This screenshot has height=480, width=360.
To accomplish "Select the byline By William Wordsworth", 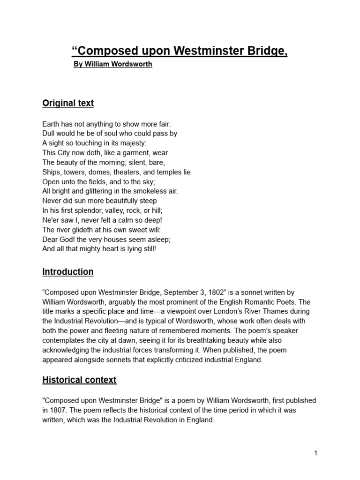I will tap(113, 64).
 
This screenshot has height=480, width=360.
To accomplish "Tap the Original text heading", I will tap(68, 103).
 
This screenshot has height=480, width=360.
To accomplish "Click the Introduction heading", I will tap(68, 272).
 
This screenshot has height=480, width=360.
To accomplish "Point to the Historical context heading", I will tap(79, 380).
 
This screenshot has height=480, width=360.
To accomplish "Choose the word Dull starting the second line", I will tap(49, 134).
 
